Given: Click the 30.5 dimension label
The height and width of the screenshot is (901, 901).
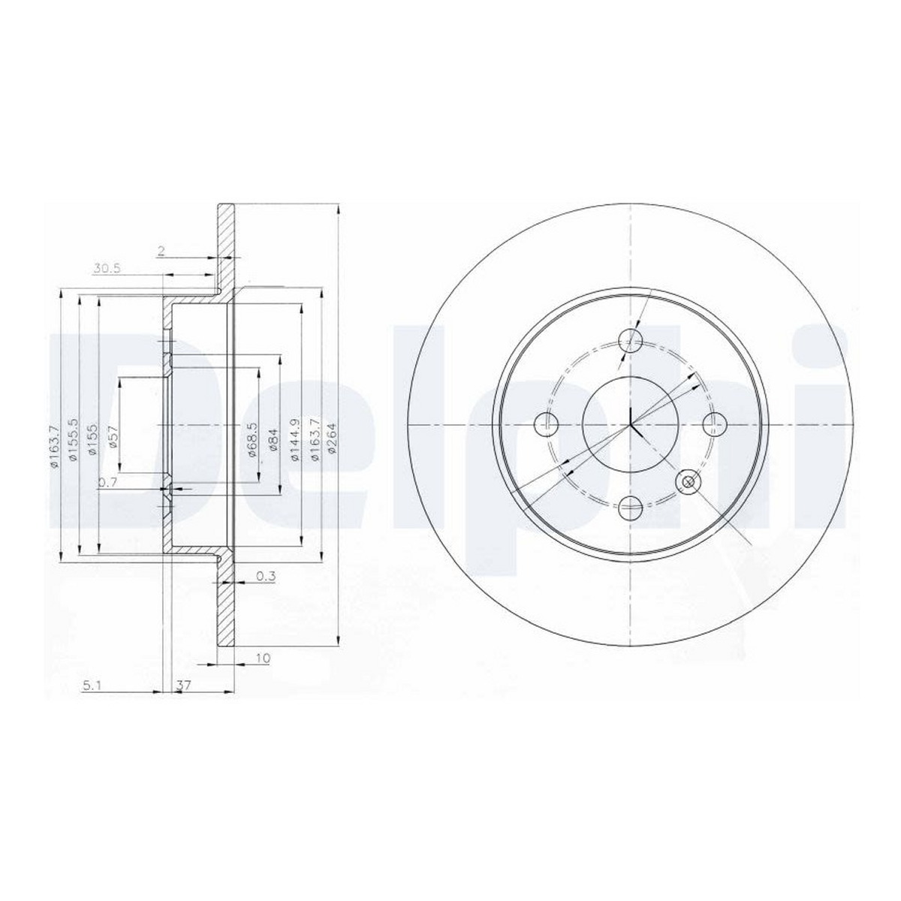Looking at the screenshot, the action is tap(107, 268).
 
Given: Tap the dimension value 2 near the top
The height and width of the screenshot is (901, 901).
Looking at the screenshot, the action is tap(161, 252).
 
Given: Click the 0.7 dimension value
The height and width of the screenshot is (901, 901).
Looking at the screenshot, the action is tap(107, 483).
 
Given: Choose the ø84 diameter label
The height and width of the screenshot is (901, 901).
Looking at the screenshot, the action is tap(275, 440).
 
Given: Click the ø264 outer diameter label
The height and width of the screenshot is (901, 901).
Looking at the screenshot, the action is tap(332, 437).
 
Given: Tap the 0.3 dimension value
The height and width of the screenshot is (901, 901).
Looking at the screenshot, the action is tap(266, 577).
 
